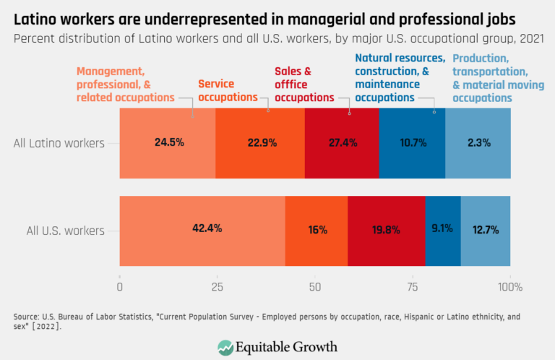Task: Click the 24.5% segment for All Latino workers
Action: click(x=168, y=142)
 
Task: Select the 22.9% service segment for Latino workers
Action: click(x=260, y=142)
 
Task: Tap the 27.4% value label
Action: click(x=342, y=142)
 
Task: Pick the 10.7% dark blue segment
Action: click(x=412, y=142)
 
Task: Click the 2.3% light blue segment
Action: click(x=478, y=142)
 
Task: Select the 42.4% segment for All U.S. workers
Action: click(x=202, y=229)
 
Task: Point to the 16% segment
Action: click(x=317, y=229)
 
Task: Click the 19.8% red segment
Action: click(x=386, y=229)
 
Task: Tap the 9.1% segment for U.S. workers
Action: click(x=442, y=229)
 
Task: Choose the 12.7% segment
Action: click(x=485, y=229)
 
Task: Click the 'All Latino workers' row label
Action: click(x=59, y=143)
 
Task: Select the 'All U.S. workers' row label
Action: click(x=66, y=231)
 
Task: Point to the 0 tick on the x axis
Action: click(x=119, y=287)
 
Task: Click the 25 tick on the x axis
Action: click(x=217, y=287)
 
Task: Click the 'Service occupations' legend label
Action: click(x=228, y=90)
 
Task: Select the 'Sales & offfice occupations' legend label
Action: click(x=304, y=85)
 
